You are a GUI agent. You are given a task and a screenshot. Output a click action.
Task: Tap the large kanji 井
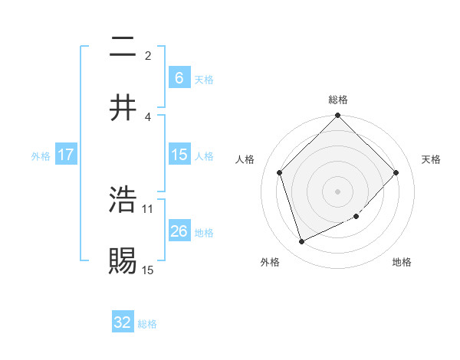click(123, 107)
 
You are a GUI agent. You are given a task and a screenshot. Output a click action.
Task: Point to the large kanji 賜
click(123, 260)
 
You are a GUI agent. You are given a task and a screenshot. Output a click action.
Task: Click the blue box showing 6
click(179, 77)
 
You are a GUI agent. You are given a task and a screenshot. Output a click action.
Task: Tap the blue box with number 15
click(179, 155)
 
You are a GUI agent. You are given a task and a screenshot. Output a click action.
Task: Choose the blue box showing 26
click(179, 231)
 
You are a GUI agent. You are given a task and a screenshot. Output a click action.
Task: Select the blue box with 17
click(66, 155)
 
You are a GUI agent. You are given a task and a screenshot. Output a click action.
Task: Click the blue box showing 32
click(123, 322)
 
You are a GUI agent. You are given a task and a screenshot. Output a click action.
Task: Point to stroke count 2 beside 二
click(148, 55)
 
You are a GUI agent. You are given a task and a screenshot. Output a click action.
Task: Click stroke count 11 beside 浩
click(148, 208)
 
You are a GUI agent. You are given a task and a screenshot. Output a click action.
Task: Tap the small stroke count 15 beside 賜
click(148, 270)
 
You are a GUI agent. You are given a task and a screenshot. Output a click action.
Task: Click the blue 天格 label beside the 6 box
click(204, 80)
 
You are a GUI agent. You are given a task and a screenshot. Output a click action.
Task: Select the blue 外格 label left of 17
click(41, 156)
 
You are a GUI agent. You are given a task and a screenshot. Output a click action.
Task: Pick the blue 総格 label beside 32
click(147, 324)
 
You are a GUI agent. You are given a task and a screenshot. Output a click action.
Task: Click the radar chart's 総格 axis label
click(338, 100)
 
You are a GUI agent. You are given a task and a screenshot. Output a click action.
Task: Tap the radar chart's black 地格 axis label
click(402, 262)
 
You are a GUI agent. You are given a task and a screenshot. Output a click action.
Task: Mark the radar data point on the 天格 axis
click(396, 172)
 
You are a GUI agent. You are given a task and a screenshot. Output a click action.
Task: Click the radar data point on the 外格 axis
click(301, 242)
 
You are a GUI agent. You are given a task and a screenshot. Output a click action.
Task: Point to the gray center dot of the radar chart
click(338, 191)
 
